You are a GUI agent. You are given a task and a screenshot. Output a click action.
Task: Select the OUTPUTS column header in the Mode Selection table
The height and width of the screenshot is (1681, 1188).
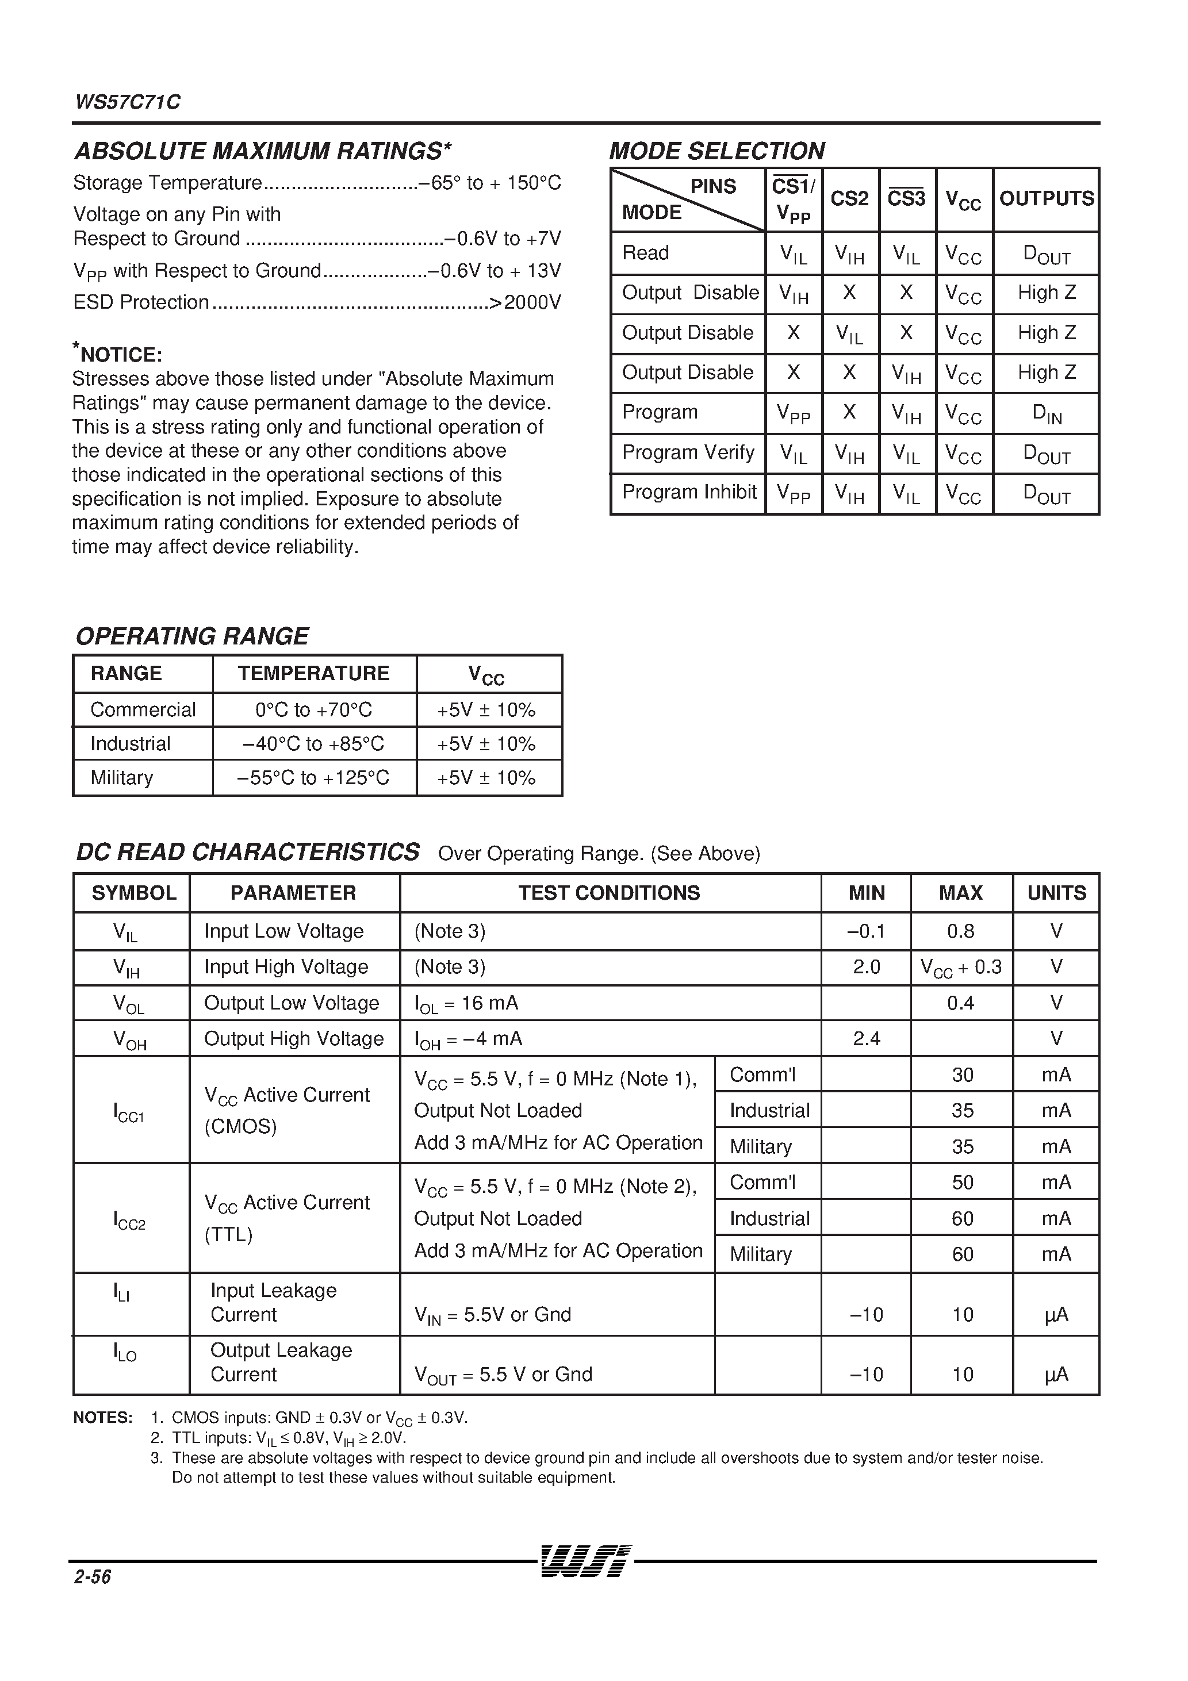coord(1046,199)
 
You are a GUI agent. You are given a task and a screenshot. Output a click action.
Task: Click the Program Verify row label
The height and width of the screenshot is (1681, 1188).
coord(688,452)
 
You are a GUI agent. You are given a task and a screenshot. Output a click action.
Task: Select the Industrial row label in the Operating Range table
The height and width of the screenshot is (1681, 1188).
coord(131,744)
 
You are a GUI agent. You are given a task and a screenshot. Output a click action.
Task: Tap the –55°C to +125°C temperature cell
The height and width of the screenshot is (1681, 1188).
coord(313,777)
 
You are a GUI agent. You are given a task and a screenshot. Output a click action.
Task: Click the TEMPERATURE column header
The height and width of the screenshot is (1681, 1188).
coord(313,674)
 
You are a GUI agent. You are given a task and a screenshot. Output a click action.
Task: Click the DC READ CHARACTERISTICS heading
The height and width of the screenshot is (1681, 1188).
coord(248,852)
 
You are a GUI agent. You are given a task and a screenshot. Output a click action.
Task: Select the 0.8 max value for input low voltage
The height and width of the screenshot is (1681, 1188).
coord(960,931)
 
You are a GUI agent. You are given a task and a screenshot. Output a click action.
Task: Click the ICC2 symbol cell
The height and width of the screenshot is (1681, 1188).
coord(129,1219)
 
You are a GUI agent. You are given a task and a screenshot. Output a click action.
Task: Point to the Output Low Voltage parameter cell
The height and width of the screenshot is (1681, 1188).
coord(292,1003)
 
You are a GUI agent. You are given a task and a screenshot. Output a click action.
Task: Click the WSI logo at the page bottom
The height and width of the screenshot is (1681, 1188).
coord(584,1560)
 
